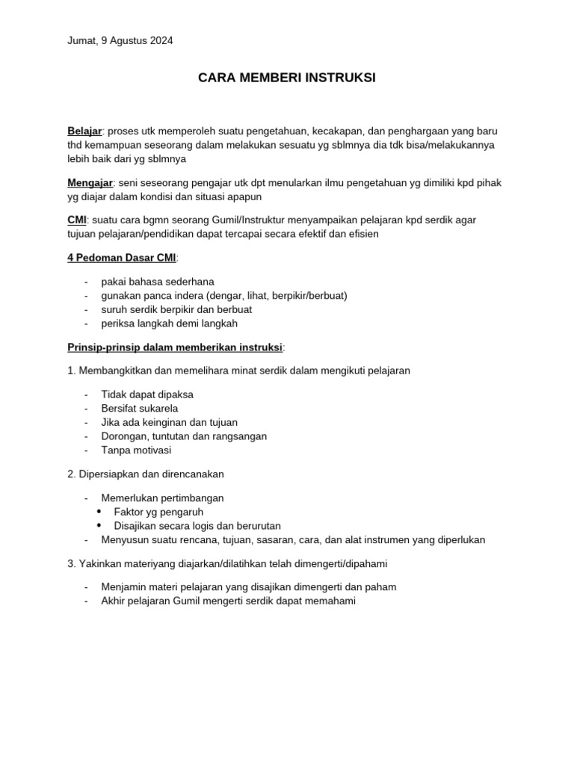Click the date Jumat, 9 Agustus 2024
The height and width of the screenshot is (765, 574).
[120, 41]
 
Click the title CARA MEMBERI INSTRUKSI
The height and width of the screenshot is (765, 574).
[287, 78]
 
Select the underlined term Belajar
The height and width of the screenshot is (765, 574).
[84, 131]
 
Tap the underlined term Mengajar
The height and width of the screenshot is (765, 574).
[90, 182]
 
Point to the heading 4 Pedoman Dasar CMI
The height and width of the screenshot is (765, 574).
[122, 258]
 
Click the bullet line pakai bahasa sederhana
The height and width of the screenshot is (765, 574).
[158, 282]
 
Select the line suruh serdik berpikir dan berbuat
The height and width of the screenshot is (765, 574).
[176, 309]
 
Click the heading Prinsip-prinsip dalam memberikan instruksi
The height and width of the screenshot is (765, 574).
[176, 347]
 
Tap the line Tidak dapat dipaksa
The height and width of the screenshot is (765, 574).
[147, 394]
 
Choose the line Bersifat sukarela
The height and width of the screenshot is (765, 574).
[140, 409]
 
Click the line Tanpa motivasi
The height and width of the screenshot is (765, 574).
[136, 450]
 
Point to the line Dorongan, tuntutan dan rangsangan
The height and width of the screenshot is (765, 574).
[184, 436]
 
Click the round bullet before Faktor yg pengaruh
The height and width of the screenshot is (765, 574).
[100, 512]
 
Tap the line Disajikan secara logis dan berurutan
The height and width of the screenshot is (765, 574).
[197, 526]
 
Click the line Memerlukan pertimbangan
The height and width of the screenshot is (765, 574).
[162, 498]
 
